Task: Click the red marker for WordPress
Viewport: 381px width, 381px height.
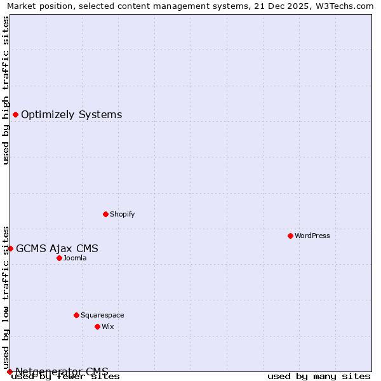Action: point(290,236)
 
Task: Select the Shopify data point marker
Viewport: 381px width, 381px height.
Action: point(105,214)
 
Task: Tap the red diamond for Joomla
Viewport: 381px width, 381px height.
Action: point(59,258)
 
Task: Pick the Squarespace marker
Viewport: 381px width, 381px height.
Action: point(76,315)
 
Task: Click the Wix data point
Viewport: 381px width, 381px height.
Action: point(97,326)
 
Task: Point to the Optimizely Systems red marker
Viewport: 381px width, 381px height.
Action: point(15,114)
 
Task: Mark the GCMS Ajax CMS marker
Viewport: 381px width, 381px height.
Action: point(10,248)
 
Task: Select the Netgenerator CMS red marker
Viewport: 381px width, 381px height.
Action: point(10,371)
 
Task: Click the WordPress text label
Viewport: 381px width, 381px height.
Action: point(312,236)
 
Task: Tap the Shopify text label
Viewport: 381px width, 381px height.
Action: point(123,214)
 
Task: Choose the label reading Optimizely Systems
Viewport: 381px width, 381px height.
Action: point(71,114)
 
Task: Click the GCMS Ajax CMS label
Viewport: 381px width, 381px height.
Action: point(57,248)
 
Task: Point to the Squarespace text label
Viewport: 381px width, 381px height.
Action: point(102,315)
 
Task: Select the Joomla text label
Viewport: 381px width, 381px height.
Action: point(75,258)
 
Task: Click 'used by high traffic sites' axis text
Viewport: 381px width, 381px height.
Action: point(6,90)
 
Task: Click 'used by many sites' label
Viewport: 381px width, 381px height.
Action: point(319,376)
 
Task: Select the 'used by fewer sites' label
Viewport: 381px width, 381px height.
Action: point(65,376)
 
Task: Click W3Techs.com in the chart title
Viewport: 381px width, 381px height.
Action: point(342,6)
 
